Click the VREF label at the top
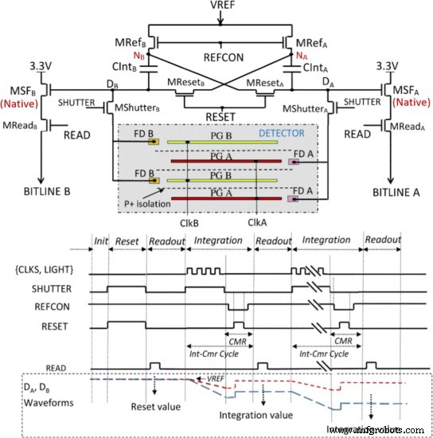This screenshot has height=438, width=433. click(x=223, y=5)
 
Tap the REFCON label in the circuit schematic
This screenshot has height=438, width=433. click(x=224, y=57)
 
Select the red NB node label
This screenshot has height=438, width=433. click(x=138, y=56)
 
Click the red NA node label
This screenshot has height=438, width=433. click(x=302, y=56)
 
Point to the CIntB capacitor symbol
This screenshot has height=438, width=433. click(x=149, y=69)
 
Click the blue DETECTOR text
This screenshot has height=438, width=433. click(x=282, y=133)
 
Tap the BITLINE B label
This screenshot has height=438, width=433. click(x=47, y=192)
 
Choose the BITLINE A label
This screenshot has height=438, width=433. click(x=396, y=193)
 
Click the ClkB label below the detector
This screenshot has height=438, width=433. click(x=189, y=224)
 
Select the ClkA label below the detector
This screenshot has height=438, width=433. click(x=257, y=223)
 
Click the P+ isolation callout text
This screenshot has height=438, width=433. click(x=147, y=204)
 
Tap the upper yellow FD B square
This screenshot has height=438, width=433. click(x=154, y=142)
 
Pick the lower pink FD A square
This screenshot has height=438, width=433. click(x=294, y=198)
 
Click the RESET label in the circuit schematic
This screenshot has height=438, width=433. click(x=220, y=117)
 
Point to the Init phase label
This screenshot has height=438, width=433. click(x=101, y=241)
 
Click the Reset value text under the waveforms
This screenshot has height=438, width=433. click(x=156, y=407)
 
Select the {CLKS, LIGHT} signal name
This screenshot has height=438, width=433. click(x=44, y=270)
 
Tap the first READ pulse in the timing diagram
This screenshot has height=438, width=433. click(x=155, y=366)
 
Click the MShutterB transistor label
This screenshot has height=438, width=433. click(x=137, y=108)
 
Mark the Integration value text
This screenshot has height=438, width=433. click(x=256, y=416)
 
